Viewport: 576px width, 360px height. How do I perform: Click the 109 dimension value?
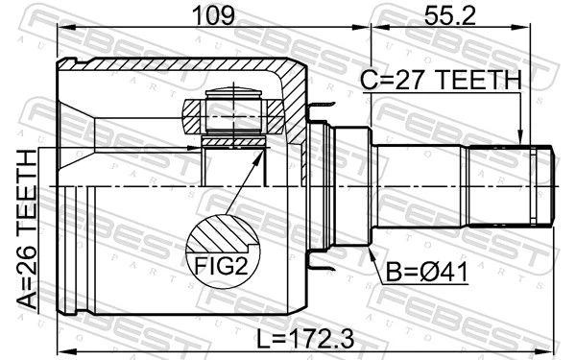213,15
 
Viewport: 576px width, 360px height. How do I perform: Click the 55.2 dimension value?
449,15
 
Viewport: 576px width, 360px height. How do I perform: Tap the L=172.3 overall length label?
305,339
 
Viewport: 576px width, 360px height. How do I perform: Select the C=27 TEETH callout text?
441,80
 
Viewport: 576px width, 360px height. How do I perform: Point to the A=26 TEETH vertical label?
27,229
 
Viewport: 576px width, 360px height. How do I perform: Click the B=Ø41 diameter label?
427,273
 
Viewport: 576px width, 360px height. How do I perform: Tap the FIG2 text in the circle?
222,266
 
